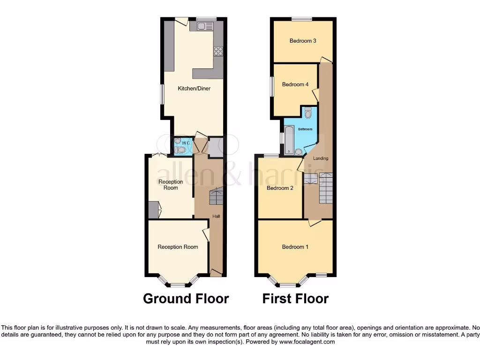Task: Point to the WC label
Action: tap(186, 143)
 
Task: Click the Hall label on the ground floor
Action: tap(216, 216)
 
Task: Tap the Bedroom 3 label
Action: tap(302, 41)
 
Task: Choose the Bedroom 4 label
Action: tap(295, 84)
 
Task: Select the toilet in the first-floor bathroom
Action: tap(308, 113)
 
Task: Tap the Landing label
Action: tap(321, 158)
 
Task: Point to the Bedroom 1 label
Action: tap(295, 247)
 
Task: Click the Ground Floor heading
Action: tap(186, 299)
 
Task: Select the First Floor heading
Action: tap(295, 299)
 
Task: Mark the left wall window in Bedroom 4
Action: tap(271, 86)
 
